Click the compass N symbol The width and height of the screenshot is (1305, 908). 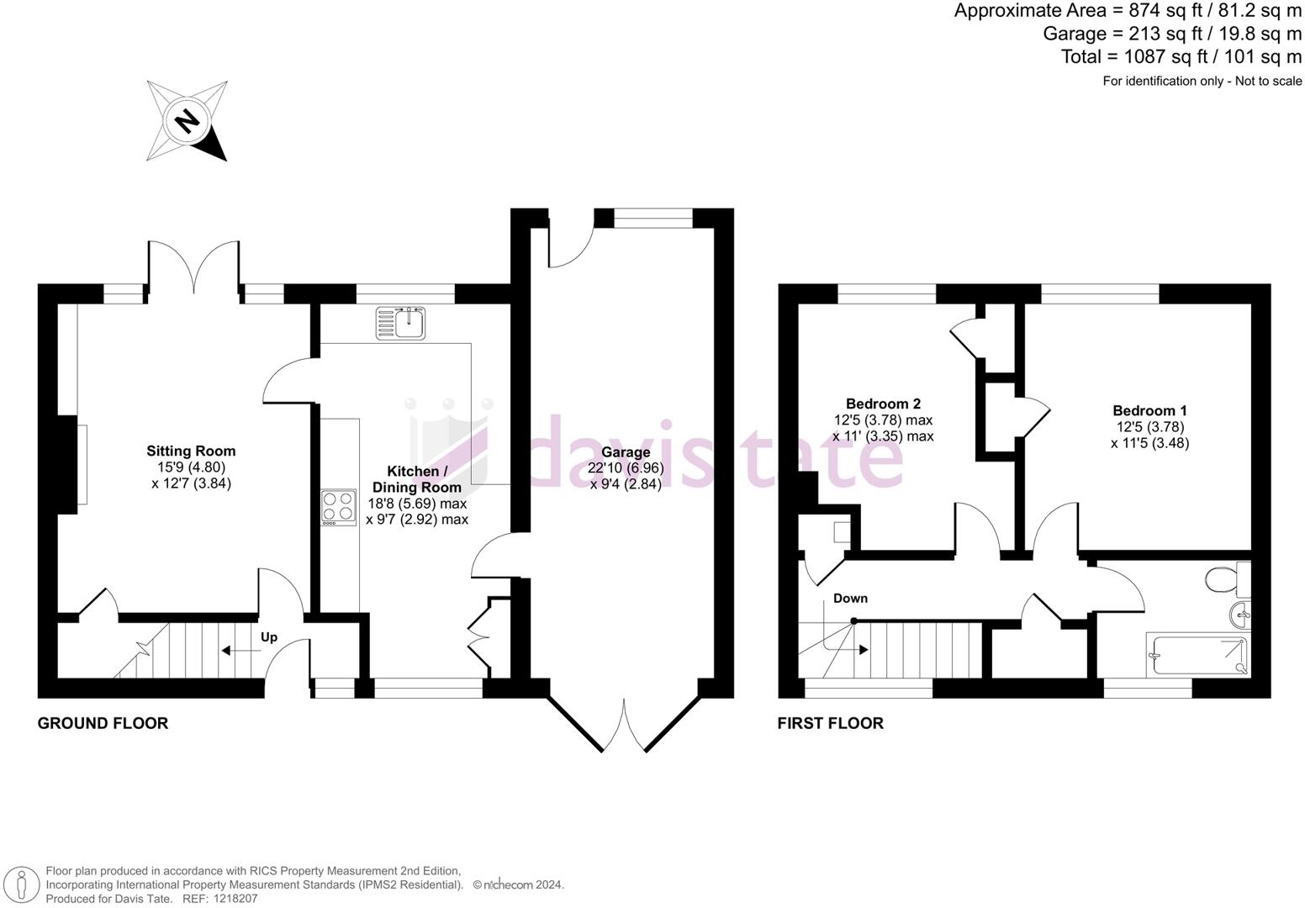(188, 121)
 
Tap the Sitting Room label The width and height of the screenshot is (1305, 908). (191, 451)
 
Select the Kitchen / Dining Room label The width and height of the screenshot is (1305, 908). (417, 479)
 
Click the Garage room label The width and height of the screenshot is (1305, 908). (626, 452)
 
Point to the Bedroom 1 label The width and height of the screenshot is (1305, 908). (1149, 411)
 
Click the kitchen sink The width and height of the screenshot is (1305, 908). (402, 323)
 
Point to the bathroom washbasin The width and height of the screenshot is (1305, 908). (1240, 614)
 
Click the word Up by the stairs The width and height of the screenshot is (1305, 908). (269, 637)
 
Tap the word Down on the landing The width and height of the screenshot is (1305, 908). (850, 599)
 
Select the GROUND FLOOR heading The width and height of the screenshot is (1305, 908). (103, 723)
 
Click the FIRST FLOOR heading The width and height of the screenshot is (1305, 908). (830, 723)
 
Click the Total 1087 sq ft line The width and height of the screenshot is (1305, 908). (1181, 57)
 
